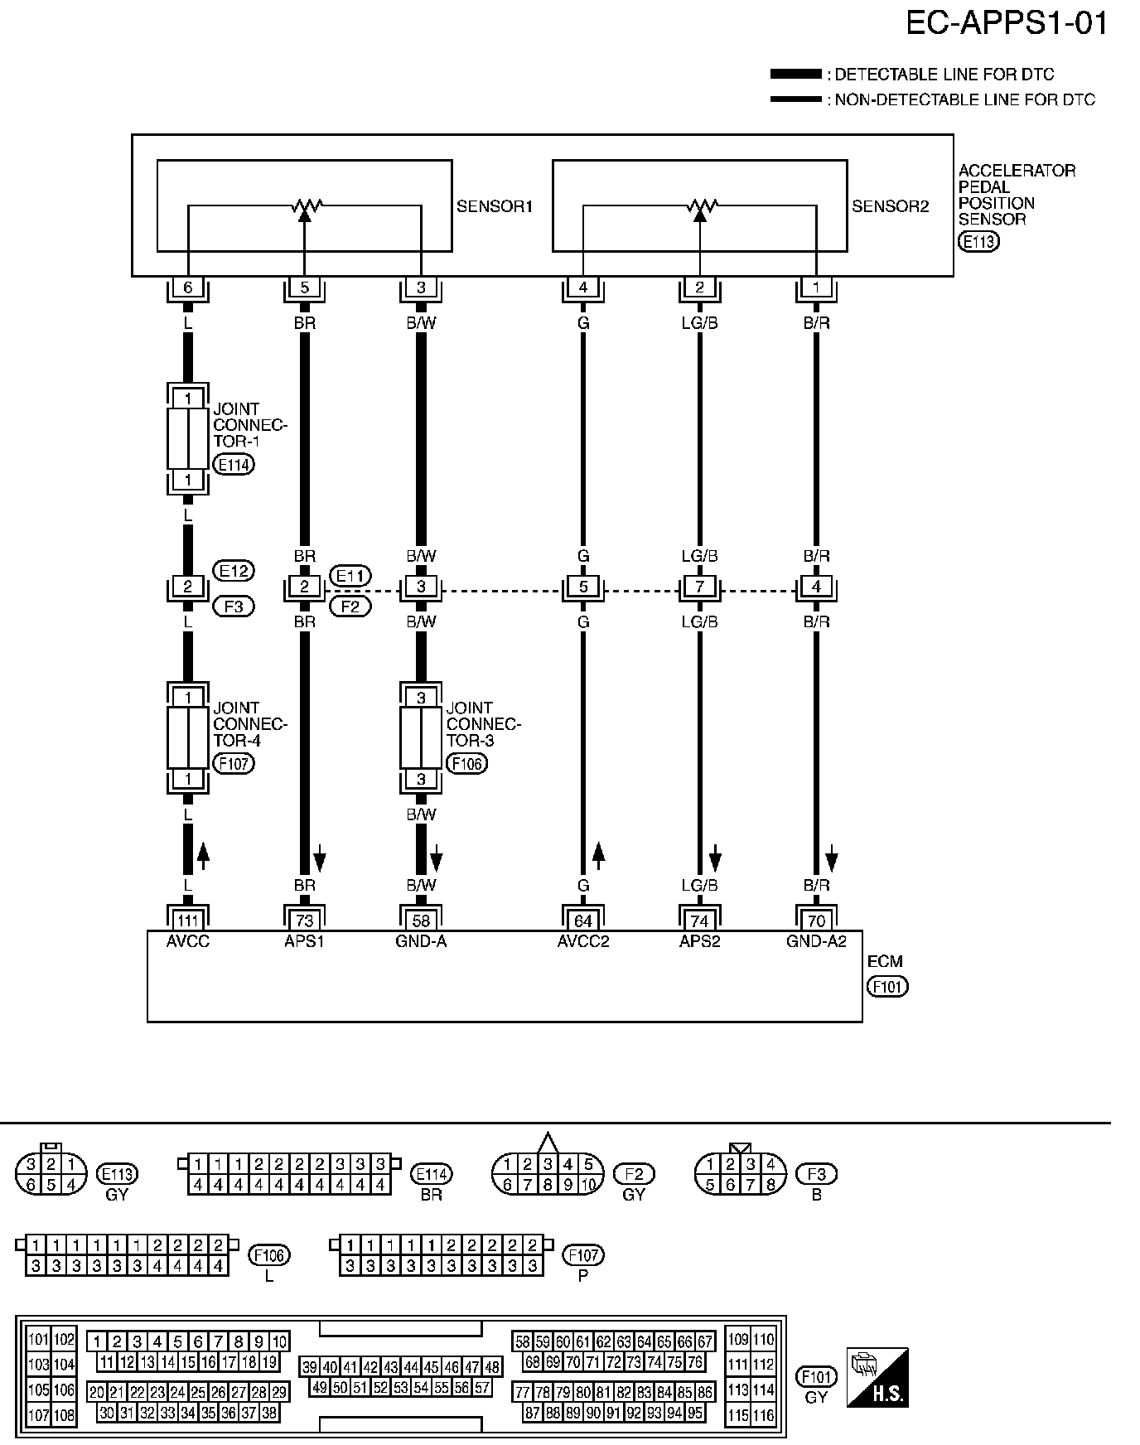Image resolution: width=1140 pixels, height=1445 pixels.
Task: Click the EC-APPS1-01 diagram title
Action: [1007, 24]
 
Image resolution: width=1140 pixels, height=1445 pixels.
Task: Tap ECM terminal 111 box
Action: [188, 921]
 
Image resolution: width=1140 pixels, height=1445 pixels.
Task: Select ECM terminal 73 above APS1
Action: [305, 921]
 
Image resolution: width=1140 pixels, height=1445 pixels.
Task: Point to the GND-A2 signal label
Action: [816, 941]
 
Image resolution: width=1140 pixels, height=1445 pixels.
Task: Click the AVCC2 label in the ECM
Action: [583, 941]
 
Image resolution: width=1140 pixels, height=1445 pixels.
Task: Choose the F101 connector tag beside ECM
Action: [887, 987]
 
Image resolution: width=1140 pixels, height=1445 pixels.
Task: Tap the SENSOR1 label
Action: [495, 206]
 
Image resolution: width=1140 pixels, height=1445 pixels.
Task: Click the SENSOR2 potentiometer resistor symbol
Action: [700, 205]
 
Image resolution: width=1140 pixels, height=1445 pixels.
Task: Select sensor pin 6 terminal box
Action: [188, 288]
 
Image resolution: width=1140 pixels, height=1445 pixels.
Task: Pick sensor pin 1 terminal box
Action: [817, 288]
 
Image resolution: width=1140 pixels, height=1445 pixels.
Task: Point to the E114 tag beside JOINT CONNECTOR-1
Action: [234, 464]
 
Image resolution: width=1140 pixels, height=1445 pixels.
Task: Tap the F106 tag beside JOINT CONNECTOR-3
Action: [466, 763]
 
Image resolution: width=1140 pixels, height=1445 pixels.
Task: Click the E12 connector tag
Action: [234, 571]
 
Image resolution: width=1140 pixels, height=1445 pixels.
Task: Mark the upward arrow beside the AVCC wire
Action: [203, 856]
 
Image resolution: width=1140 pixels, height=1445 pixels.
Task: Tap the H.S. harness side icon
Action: [877, 1377]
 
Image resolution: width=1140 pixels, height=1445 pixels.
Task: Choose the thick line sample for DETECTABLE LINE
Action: [795, 75]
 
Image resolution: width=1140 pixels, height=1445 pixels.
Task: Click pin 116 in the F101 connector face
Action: [764, 1415]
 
